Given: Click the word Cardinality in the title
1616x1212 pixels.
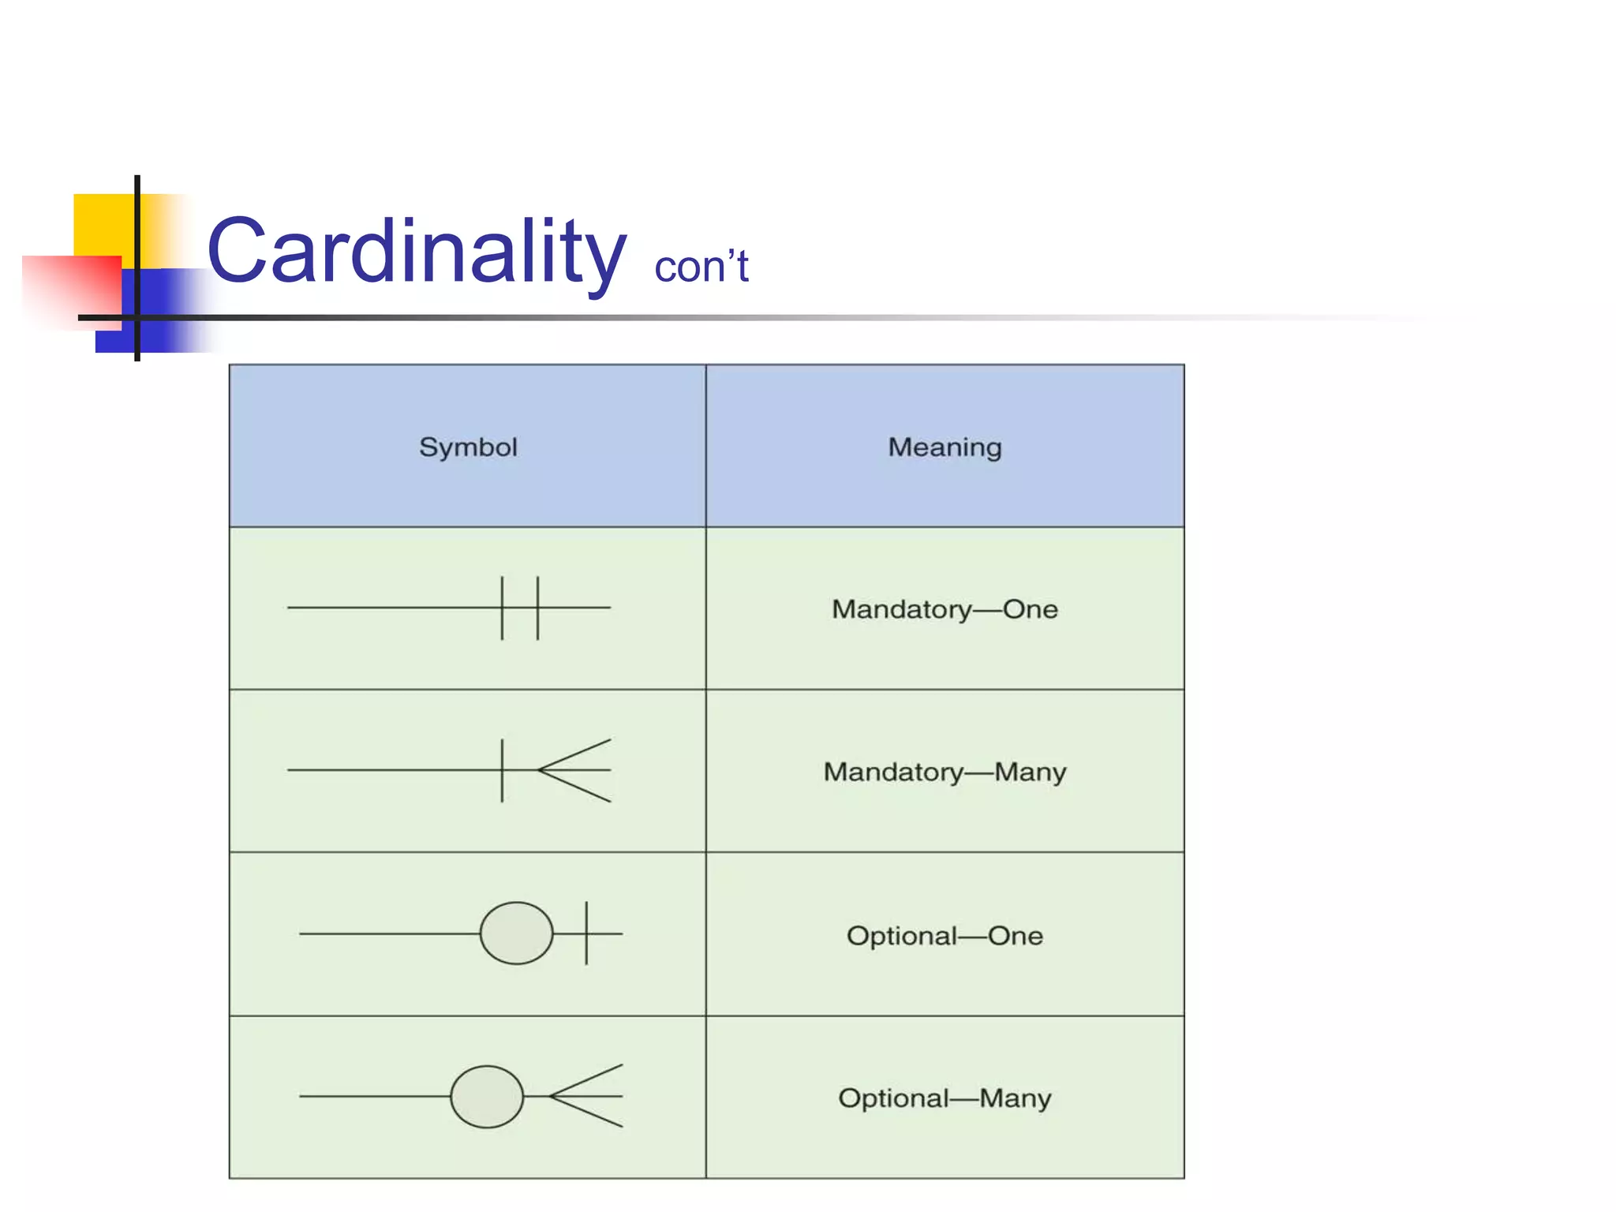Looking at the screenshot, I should click(x=416, y=252).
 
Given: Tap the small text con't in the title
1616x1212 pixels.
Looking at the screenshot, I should click(x=701, y=267).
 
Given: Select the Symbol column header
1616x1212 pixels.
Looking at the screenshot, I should click(x=468, y=447).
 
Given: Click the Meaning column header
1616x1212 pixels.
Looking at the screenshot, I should click(x=945, y=447).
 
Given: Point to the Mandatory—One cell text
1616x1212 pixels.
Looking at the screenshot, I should click(x=945, y=609).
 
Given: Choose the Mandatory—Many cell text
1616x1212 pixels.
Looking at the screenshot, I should click(x=945, y=772).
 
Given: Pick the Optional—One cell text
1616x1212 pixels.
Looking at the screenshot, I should click(x=945, y=936).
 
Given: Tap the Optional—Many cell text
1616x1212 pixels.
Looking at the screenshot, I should click(x=945, y=1098).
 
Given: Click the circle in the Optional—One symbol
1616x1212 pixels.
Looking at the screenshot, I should click(x=517, y=933).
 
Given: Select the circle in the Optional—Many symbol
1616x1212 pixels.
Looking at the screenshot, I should click(x=487, y=1097).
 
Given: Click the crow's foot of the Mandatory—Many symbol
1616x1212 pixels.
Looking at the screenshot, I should click(x=574, y=770).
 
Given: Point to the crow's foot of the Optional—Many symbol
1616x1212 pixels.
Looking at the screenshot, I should click(x=586, y=1096).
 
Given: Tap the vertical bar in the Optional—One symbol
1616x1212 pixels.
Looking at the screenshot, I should click(x=586, y=933).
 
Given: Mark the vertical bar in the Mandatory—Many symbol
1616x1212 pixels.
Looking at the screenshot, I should click(x=502, y=770).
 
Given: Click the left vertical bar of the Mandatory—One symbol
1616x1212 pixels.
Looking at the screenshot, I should click(x=502, y=608).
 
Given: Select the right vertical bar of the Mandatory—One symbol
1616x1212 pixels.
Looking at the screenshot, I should click(x=538, y=608).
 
